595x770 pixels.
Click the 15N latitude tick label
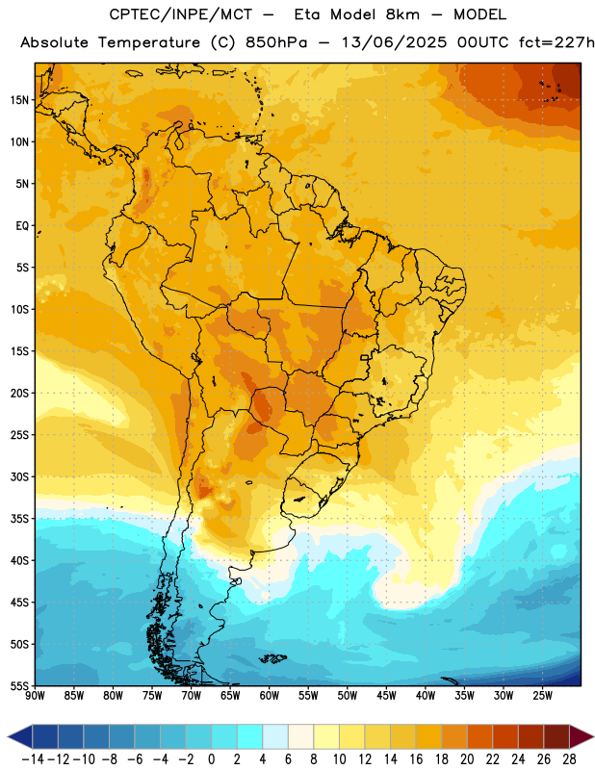(x=20, y=100)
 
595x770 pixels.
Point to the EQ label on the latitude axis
(x=22, y=226)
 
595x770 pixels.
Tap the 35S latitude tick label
(x=20, y=519)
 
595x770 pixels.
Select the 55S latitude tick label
(x=20, y=685)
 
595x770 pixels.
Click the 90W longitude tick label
(x=35, y=696)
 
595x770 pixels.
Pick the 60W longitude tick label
(x=270, y=696)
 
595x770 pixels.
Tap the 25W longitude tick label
(x=542, y=696)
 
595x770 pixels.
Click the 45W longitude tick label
(x=386, y=696)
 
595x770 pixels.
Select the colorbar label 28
(x=569, y=759)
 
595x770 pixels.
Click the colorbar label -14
(x=33, y=759)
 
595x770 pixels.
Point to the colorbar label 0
(x=211, y=759)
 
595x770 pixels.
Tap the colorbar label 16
(x=416, y=759)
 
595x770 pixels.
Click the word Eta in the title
(x=306, y=14)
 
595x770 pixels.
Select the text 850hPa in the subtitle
(x=276, y=42)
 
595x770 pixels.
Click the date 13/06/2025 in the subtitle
(x=394, y=42)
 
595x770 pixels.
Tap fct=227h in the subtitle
(x=556, y=42)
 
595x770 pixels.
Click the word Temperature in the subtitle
(x=149, y=43)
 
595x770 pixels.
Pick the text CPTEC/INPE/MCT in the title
(x=181, y=14)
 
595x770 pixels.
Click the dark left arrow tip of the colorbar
(x=9, y=737)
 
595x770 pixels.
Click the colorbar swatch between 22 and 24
(x=505, y=737)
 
